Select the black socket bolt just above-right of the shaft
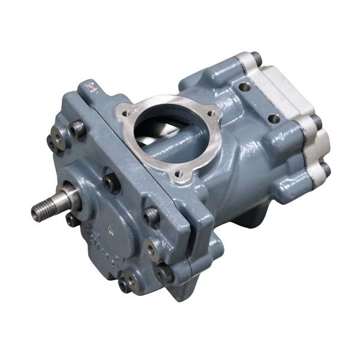coord(111,182)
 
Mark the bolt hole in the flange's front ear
coord(178,175)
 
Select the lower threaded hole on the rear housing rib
coord(274,119)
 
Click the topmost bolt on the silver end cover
coord(256,58)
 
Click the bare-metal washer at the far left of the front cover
coord(55,140)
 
